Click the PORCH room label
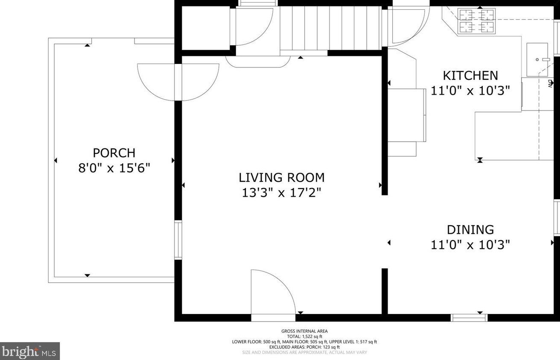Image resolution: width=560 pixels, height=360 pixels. point(114,153)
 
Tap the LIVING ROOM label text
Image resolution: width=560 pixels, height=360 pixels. point(282,177)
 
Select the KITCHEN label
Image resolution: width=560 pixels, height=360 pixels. point(470,75)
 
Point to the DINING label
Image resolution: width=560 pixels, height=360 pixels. point(470,230)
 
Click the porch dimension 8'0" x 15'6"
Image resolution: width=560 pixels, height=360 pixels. point(114,168)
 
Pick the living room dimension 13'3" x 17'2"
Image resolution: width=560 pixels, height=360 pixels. point(282,193)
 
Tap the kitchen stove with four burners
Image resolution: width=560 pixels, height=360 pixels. point(476,21)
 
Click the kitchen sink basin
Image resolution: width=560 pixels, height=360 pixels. point(537,60)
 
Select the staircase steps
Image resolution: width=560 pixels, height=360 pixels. point(330,28)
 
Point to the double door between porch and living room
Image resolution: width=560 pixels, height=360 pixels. point(178,82)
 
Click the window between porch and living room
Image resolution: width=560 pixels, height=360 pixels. point(178,240)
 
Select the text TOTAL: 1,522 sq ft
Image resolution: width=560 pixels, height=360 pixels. point(304,337)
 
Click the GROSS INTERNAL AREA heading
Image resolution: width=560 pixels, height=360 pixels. point(304,331)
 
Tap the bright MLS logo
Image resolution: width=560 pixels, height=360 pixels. point(29,351)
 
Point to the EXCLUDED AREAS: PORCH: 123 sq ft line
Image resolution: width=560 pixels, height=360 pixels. point(304,347)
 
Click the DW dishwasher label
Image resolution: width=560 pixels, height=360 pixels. point(550,84)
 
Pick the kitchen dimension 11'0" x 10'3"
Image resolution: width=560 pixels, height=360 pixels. point(470,91)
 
